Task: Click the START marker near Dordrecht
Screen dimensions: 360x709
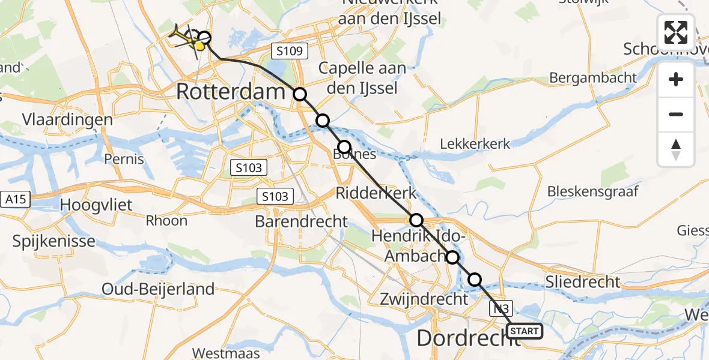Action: [525, 331]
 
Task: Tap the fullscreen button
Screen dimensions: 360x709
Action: [676, 32]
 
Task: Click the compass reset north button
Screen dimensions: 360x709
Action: [676, 149]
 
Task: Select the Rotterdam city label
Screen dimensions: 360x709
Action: [230, 92]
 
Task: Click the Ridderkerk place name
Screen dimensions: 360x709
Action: [376, 193]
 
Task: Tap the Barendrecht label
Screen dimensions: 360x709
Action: [301, 221]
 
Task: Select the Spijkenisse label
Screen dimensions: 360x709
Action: [54, 242]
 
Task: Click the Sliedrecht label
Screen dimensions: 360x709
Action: [582, 282]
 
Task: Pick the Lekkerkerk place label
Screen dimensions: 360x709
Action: [475, 143]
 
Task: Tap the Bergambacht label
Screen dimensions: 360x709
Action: [593, 77]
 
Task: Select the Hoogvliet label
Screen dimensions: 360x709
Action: [96, 205]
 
